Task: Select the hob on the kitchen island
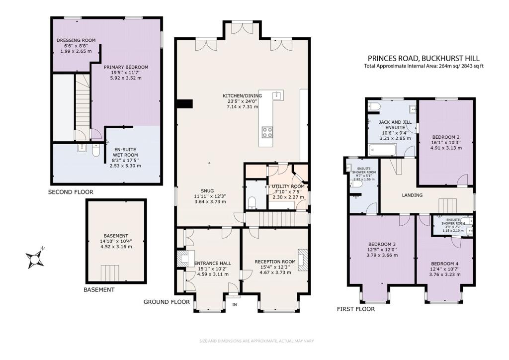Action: coord(267,132)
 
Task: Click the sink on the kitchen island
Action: coord(278,95)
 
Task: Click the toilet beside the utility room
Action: coord(252,201)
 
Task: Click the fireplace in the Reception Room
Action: coord(302,259)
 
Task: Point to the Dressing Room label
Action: coord(76,40)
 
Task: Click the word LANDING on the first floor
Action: coord(412,195)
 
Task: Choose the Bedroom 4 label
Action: coord(445,264)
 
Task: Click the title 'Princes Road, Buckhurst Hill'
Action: coord(424,58)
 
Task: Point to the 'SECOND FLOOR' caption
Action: coord(71,191)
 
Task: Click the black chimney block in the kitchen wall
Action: coord(185,103)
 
